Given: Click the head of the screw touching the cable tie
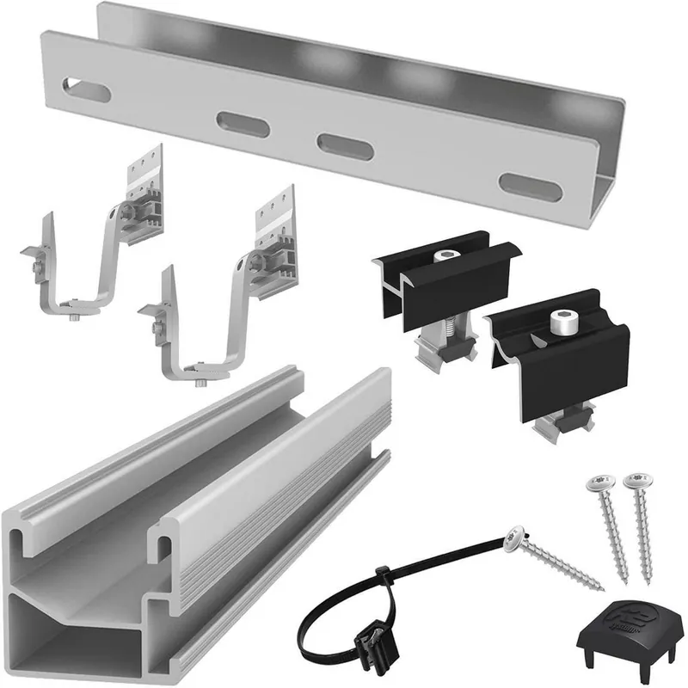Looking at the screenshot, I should tap(517, 537).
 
